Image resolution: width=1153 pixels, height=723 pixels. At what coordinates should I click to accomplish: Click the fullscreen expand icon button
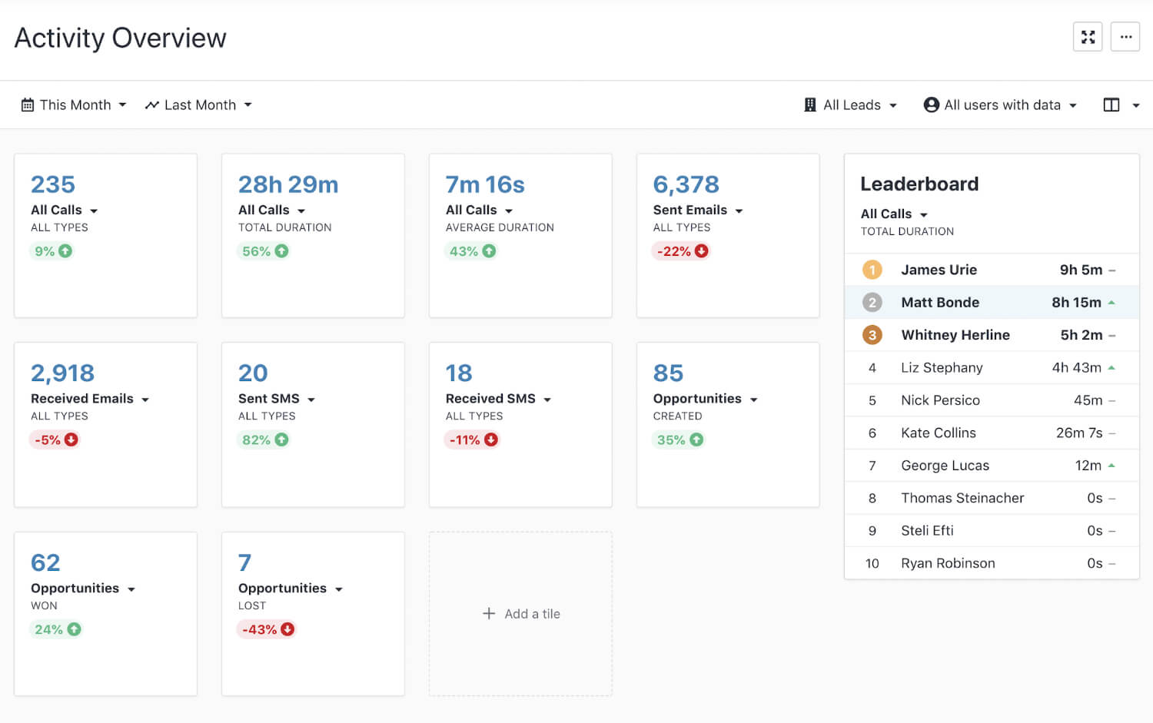click(1088, 37)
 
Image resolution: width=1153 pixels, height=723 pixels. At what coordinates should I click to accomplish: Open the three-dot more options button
click(1125, 37)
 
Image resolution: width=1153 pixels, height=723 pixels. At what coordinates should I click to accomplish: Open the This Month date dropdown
click(74, 105)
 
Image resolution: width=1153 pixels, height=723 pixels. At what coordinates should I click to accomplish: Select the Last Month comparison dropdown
click(198, 105)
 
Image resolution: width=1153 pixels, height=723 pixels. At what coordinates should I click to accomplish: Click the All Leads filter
click(851, 105)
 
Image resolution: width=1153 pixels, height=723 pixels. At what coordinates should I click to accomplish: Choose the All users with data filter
click(1000, 105)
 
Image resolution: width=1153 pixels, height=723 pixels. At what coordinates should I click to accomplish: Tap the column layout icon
click(1111, 105)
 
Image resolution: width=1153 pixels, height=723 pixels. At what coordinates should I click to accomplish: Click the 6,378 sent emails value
click(686, 184)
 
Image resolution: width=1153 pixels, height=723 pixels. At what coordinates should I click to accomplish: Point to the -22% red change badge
click(681, 251)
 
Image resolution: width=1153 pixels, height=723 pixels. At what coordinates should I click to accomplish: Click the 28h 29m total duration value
click(288, 184)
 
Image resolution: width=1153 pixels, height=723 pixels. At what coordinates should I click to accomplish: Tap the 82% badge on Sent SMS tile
click(264, 439)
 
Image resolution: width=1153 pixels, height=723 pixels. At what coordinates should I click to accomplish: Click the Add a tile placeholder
click(521, 614)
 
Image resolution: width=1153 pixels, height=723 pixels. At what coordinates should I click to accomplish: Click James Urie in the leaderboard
click(939, 270)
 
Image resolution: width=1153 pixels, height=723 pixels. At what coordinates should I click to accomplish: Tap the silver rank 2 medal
click(872, 303)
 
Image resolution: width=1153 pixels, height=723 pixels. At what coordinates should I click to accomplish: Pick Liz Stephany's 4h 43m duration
click(1076, 368)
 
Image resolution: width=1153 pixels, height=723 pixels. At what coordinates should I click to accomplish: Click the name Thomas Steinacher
click(962, 498)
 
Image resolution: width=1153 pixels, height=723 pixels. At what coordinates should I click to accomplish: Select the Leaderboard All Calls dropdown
click(894, 214)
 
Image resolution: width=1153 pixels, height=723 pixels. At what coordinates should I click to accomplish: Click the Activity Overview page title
click(121, 38)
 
